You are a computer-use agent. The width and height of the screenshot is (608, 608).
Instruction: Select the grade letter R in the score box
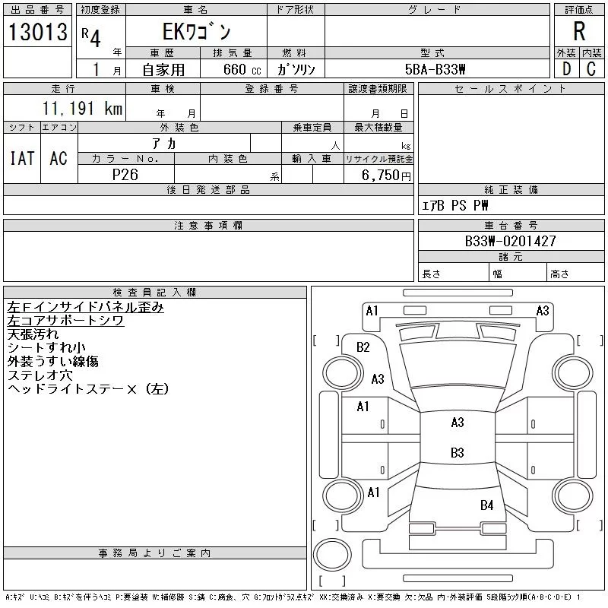click(579, 31)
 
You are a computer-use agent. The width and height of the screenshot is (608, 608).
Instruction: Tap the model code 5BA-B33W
click(436, 68)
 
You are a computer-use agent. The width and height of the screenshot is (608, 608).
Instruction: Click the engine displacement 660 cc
click(233, 68)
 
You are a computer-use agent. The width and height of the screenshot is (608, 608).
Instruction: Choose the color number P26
click(126, 175)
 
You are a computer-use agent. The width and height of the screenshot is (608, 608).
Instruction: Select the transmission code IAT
click(21, 158)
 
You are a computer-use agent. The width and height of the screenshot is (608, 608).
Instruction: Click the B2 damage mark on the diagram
click(363, 347)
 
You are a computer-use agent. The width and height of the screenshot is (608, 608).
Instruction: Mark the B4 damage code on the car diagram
click(486, 505)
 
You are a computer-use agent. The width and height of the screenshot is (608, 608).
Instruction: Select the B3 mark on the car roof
click(457, 453)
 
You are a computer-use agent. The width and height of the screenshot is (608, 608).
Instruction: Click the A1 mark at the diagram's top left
click(372, 310)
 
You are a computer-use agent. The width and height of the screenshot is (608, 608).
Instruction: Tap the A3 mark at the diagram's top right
click(543, 310)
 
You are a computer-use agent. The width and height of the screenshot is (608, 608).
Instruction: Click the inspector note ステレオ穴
click(40, 375)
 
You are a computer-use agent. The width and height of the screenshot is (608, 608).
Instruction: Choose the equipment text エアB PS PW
click(455, 205)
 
